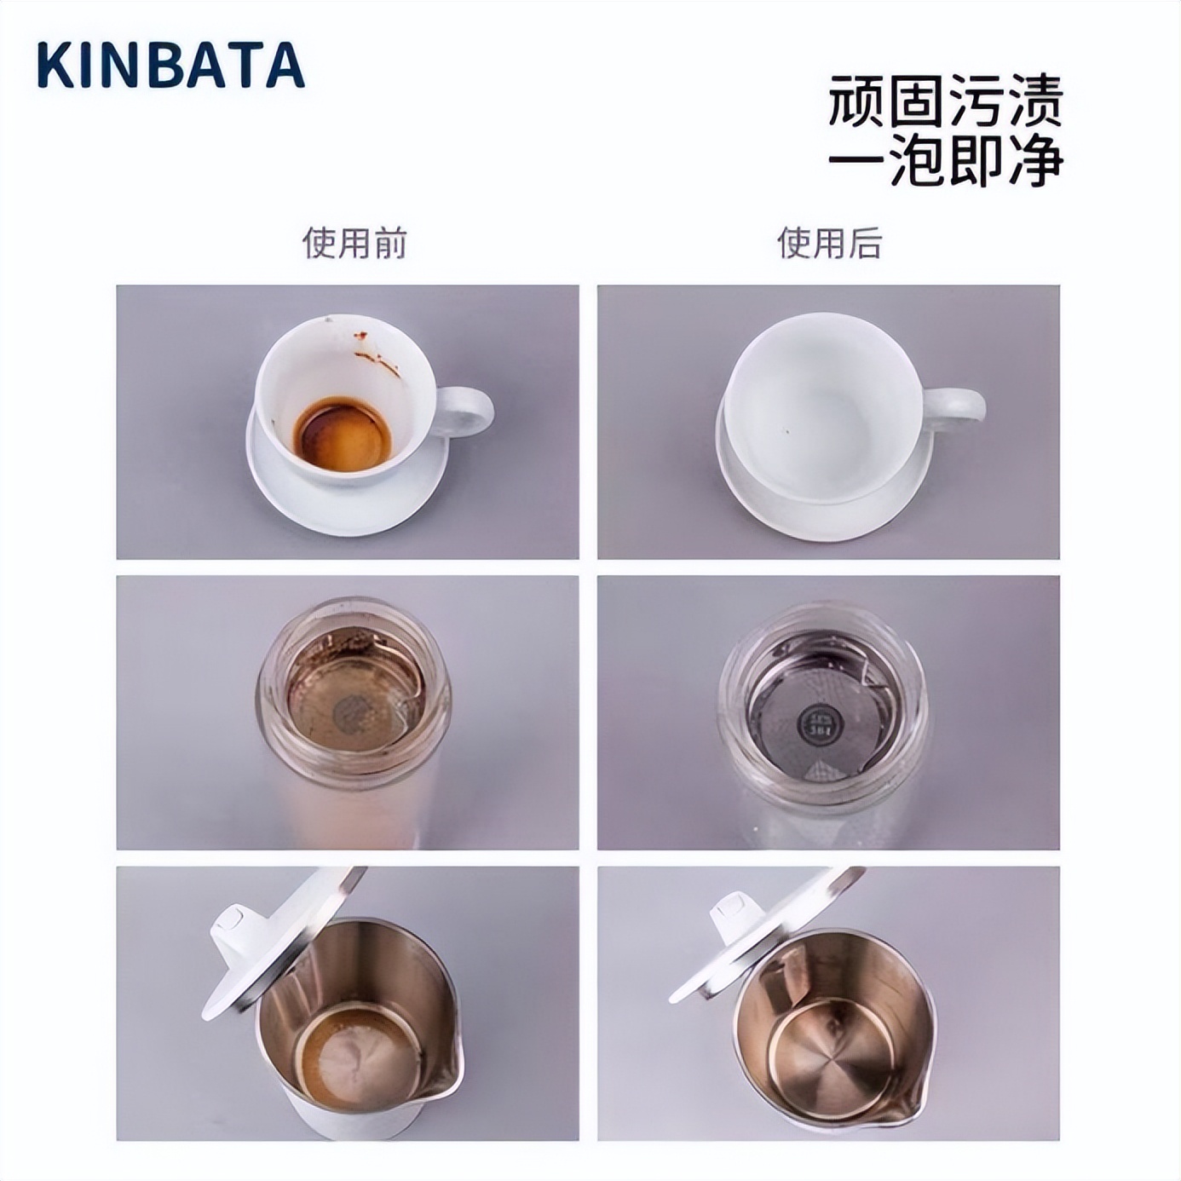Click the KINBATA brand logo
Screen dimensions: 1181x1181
coord(170,66)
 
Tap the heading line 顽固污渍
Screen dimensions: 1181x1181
coord(945,101)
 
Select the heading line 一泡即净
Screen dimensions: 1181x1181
coord(945,159)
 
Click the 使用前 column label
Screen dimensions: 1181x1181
coord(354,243)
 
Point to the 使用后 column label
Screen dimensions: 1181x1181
coord(828,243)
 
